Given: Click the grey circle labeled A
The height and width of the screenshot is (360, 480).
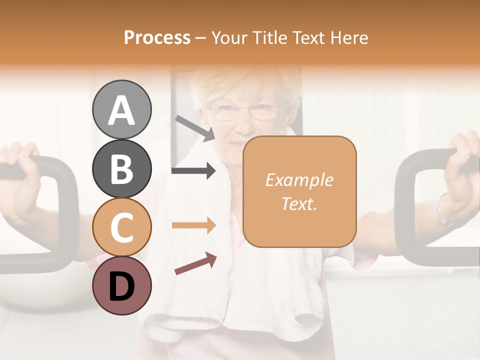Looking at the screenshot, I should pos(121,110).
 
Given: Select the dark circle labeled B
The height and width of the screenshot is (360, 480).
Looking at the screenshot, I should pos(121,169).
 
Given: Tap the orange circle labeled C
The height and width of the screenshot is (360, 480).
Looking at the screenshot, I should pos(121,227).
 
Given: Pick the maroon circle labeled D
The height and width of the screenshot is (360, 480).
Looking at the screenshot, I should pos(121,286).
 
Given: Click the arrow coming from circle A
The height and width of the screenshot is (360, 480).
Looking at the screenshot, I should pos(195,127).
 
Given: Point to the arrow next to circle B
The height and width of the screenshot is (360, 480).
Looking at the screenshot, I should pos(193,171).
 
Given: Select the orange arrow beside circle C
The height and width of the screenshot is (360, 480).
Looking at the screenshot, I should pos(193,225).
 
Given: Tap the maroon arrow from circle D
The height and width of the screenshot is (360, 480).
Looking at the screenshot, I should pos(195,264).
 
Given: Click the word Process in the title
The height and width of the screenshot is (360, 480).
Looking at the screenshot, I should pos(157,37).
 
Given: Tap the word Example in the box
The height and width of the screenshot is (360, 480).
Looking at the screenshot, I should pos(299,180).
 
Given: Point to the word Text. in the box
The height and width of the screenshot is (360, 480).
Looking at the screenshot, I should pos(299,204).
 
